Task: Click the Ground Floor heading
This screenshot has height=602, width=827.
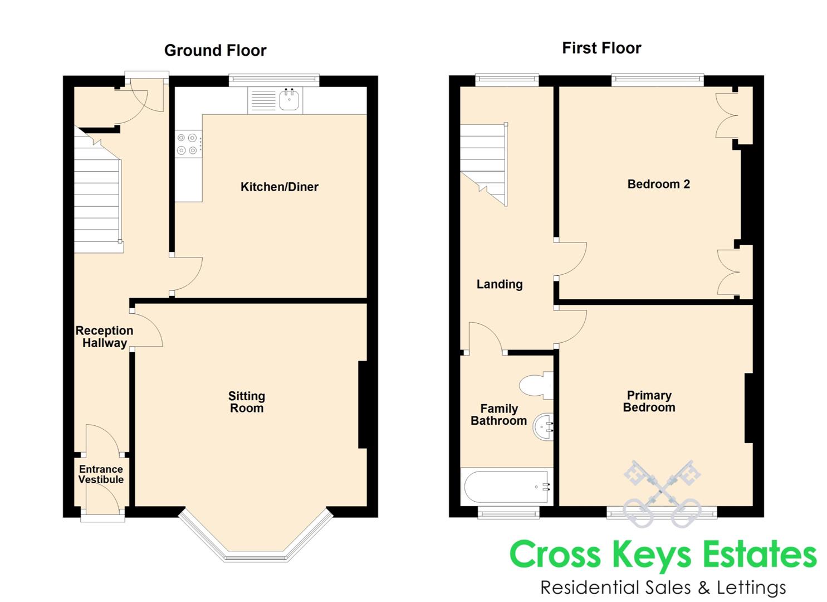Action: [215, 51]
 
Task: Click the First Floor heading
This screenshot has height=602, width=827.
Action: [601, 48]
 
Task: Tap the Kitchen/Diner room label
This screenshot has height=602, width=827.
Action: [280, 187]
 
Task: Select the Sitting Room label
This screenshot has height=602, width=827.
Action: [247, 402]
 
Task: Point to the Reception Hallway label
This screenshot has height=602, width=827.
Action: [105, 337]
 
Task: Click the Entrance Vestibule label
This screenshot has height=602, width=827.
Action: [101, 474]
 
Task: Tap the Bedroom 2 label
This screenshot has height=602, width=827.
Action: [659, 184]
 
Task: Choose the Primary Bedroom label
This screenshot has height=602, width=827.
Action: [649, 401]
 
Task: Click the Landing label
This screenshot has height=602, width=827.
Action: [500, 284]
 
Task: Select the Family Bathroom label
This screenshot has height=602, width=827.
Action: [499, 415]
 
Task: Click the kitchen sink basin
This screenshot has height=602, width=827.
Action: [289, 99]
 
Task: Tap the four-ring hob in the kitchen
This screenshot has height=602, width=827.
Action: [188, 144]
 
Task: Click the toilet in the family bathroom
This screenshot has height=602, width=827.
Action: [536, 385]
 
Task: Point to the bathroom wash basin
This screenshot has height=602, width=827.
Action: [544, 427]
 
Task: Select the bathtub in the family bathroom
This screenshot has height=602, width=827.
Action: [508, 487]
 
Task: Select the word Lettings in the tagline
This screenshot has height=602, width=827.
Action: [751, 588]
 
